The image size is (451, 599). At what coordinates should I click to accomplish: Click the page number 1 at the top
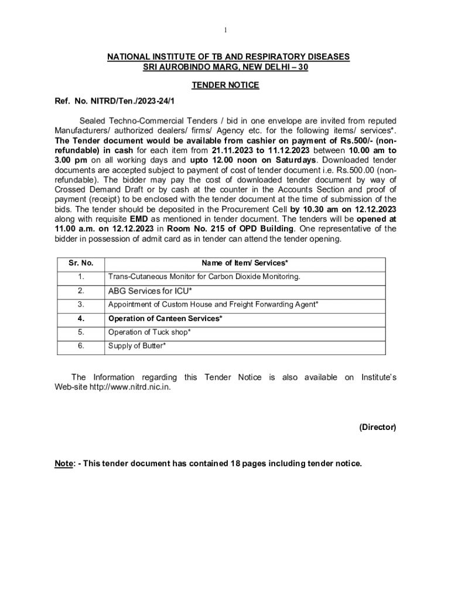tap(225, 30)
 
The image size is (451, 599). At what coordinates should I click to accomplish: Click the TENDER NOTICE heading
tap(225, 85)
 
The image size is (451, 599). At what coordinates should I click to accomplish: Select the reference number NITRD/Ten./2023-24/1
tap(141, 101)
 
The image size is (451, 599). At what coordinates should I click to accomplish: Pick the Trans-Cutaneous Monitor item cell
tap(204, 277)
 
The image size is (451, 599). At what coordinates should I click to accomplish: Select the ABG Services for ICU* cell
tap(151, 291)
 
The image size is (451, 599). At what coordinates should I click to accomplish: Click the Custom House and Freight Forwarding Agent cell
tap(213, 304)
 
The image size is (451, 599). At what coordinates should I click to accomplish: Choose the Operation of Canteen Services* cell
tap(165, 319)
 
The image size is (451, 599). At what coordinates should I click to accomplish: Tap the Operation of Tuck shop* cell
tap(149, 332)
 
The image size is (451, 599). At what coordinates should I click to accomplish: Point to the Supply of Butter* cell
tap(137, 346)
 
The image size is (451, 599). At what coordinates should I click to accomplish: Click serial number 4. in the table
tap(81, 319)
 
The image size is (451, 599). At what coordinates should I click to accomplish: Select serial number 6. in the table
tap(81, 346)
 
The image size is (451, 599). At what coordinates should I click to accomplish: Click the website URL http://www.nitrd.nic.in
tap(129, 388)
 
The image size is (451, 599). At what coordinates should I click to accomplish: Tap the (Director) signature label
tap(378, 428)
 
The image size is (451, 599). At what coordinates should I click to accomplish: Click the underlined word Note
tap(64, 464)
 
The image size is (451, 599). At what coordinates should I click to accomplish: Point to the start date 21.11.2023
tap(232, 149)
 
